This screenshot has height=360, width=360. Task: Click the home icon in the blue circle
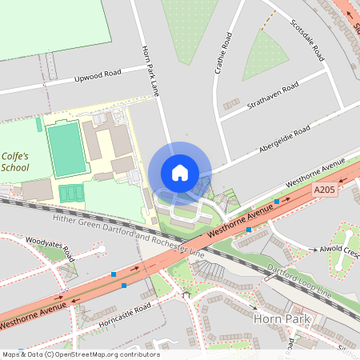pyautogui.click(x=179, y=172)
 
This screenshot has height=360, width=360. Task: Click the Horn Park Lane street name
pyautogui.click(x=150, y=70)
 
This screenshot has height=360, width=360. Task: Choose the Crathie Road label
pyautogui.click(x=222, y=54)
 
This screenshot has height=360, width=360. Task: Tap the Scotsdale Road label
pyautogui.click(x=306, y=39)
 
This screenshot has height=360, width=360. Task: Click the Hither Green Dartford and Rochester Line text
pyautogui.click(x=128, y=236)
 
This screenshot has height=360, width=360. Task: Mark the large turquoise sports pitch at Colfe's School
pyautogui.click(x=65, y=149)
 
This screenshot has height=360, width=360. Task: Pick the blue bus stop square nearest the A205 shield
pyautogui.click(x=277, y=202)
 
